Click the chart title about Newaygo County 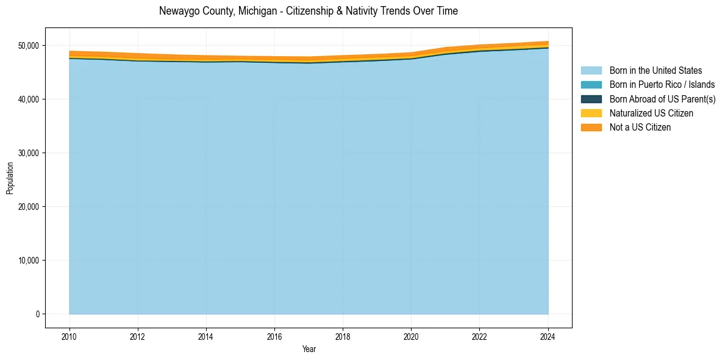pos(308,11)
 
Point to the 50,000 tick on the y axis pos(28,46)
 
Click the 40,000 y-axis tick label pos(28,99)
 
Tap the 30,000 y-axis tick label pos(28,153)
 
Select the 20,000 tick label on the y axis pos(28,207)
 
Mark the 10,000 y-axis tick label pos(28,261)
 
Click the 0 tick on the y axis pos(37,314)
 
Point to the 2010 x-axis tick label pos(70,336)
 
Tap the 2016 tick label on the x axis pos(274,336)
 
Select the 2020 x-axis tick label pos(411,336)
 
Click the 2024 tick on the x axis pos(548,336)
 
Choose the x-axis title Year pos(309,349)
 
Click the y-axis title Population pos(10,178)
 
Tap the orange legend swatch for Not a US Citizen pos(591,127)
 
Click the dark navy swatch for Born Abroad pos(591,99)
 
